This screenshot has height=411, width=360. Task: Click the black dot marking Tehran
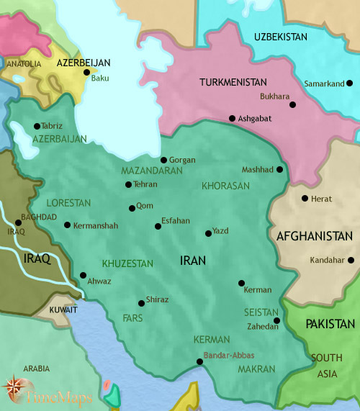[128, 184]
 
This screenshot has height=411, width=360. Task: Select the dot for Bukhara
[292, 104]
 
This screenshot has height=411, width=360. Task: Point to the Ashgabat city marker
[232, 118]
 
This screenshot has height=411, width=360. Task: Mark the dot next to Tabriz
[37, 126]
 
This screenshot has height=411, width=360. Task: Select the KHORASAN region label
[225, 186]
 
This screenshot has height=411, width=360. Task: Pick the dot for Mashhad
[280, 170]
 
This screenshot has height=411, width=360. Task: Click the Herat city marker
[305, 199]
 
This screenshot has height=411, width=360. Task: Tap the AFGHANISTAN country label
[315, 236]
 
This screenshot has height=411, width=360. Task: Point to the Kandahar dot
[351, 261]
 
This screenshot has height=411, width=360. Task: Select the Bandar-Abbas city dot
[199, 362]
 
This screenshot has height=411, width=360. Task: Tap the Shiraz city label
[157, 299]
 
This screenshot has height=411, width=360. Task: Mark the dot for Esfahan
[158, 227]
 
